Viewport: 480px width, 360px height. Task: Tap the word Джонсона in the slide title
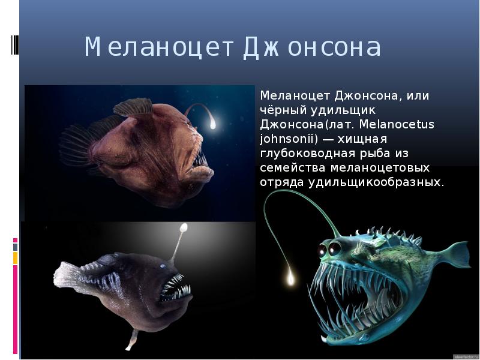(312, 48)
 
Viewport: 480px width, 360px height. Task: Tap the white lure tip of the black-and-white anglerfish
(184, 227)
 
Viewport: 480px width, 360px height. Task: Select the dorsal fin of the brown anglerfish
(133, 107)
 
